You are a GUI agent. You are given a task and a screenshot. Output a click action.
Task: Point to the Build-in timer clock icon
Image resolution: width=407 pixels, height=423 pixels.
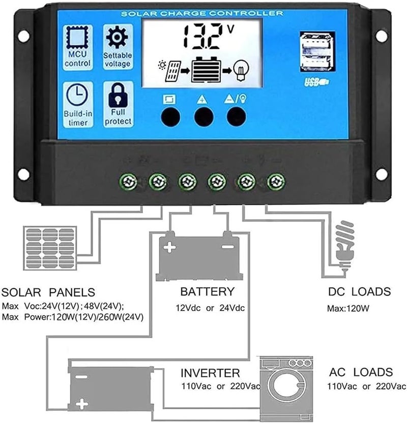pyautogui.click(x=77, y=95)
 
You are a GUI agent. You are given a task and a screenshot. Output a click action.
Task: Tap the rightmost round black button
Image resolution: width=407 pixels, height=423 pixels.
pyautogui.click(x=236, y=117)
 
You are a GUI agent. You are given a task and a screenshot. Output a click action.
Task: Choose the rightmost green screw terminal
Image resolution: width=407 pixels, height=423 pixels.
pyautogui.click(x=276, y=180)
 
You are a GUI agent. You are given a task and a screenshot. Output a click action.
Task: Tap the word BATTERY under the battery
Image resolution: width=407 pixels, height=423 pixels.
pyautogui.click(x=208, y=292)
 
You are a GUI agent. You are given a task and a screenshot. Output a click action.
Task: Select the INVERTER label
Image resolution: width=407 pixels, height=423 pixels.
pyautogui.click(x=211, y=373)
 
